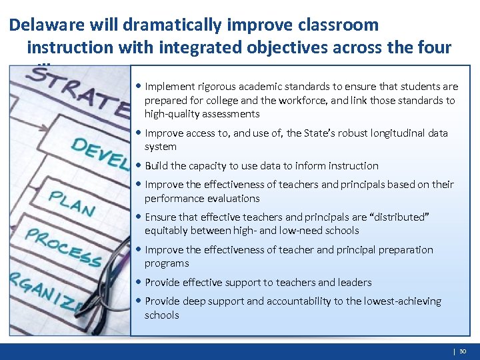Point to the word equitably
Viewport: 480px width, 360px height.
point(167,231)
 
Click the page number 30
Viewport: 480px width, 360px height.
point(463,351)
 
